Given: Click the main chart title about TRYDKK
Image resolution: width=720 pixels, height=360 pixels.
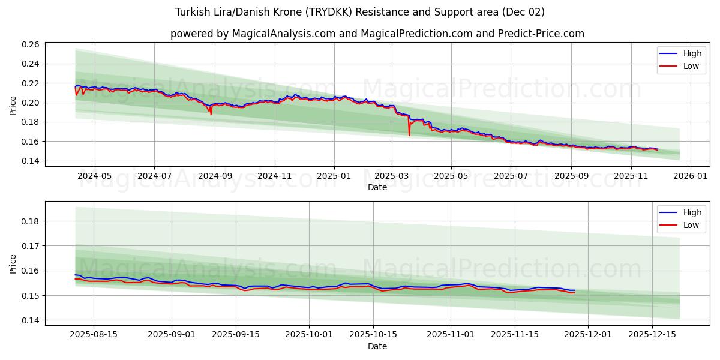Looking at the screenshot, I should (x=360, y=12).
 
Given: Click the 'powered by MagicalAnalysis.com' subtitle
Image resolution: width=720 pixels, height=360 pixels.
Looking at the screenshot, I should (x=377, y=34).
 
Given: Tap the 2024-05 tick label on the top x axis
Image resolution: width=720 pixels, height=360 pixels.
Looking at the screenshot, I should (x=95, y=176).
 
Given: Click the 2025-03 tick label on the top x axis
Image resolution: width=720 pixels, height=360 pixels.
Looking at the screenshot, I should (x=392, y=176).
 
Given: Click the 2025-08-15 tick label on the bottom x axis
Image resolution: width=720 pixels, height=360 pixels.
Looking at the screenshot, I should (x=94, y=335).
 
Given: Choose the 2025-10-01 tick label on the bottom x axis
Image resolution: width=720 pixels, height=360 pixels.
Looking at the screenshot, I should (x=309, y=335).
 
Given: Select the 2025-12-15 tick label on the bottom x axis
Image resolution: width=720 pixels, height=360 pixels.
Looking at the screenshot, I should (x=652, y=335).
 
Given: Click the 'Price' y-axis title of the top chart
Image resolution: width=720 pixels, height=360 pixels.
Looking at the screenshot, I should (x=13, y=106).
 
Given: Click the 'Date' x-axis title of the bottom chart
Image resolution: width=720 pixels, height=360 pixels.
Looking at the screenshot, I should (x=377, y=346).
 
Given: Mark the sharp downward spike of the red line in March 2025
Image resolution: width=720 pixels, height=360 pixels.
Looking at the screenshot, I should (x=409, y=134).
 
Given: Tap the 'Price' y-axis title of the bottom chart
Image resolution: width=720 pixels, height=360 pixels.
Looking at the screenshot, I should (x=13, y=264).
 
